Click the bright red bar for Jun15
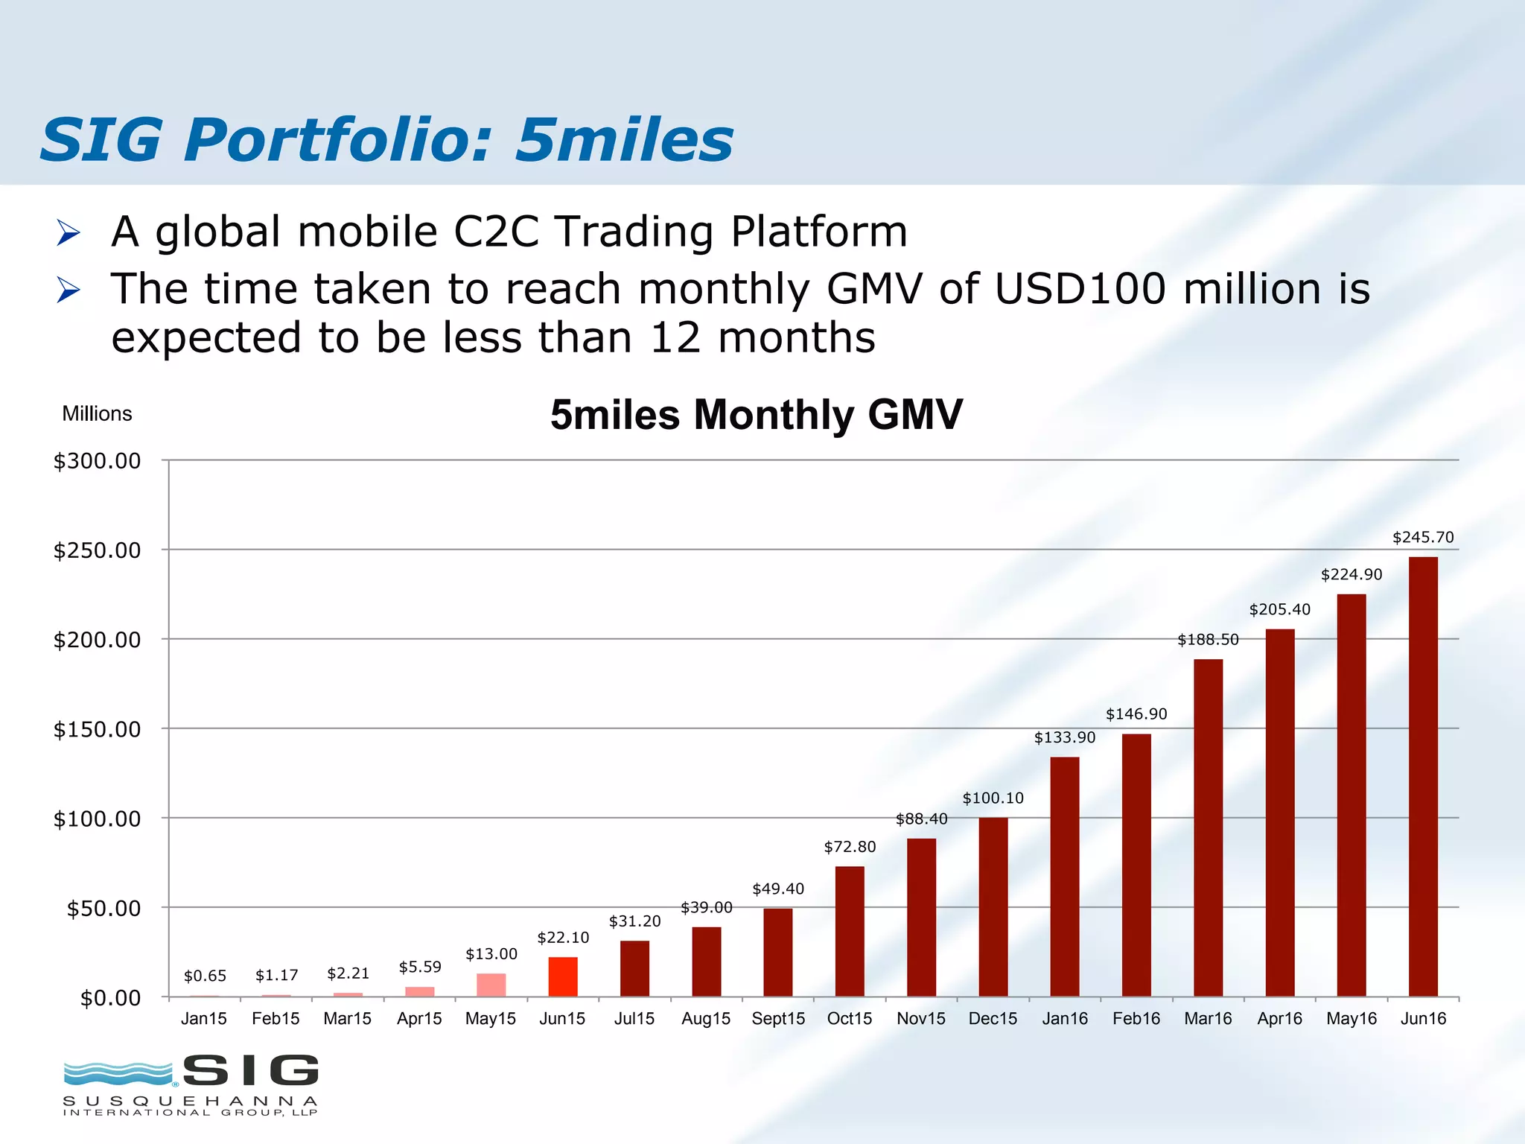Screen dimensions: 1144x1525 point(563,976)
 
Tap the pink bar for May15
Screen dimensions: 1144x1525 point(491,985)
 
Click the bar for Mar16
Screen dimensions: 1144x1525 point(1208,827)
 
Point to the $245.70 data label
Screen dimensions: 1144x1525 point(1423,537)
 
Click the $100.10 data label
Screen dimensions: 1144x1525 point(993,798)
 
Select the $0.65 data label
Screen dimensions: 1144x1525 point(205,976)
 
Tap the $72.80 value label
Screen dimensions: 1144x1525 point(850,847)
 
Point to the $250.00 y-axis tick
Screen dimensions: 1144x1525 point(97,550)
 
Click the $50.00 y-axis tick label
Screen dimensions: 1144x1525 point(104,909)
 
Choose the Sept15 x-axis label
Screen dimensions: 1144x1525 point(778,1019)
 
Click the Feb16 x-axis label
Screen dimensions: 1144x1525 point(1136,1019)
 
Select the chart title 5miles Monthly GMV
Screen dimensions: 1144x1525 point(756,415)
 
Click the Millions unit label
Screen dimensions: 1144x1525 point(97,414)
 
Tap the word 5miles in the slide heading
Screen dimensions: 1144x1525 point(624,140)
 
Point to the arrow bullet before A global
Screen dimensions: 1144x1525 point(68,233)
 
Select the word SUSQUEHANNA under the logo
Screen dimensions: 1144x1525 point(191,1100)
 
